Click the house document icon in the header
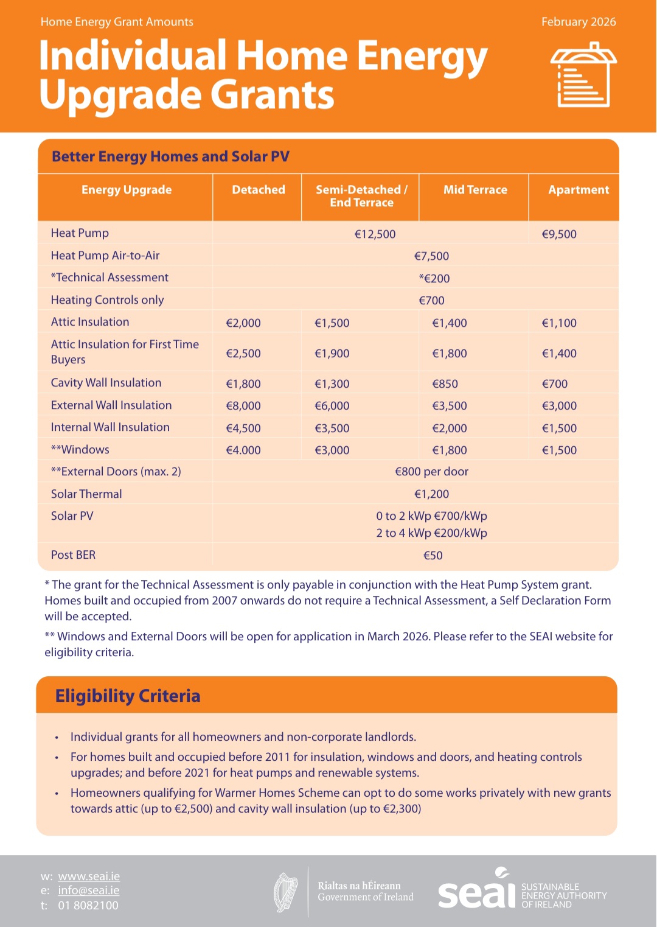pos(583,75)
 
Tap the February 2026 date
pos(579,22)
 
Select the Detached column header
pos(259,190)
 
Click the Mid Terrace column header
pos(475,190)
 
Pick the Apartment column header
pos(579,190)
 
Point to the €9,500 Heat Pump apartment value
pos(559,234)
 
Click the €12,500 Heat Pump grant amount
pos(375,234)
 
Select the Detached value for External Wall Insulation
pos(243,406)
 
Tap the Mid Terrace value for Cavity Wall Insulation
pos(445,384)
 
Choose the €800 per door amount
pos(431,472)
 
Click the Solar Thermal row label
pos(86,494)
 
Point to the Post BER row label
pos(73,555)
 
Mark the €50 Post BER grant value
pos(433,556)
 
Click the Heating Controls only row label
pos(107,300)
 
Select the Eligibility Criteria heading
pos(128,696)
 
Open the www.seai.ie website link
pos(89,876)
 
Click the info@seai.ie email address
pos(89,890)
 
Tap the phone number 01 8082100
pos(88,906)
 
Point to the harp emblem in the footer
pos(286,892)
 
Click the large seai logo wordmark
pos(476,892)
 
